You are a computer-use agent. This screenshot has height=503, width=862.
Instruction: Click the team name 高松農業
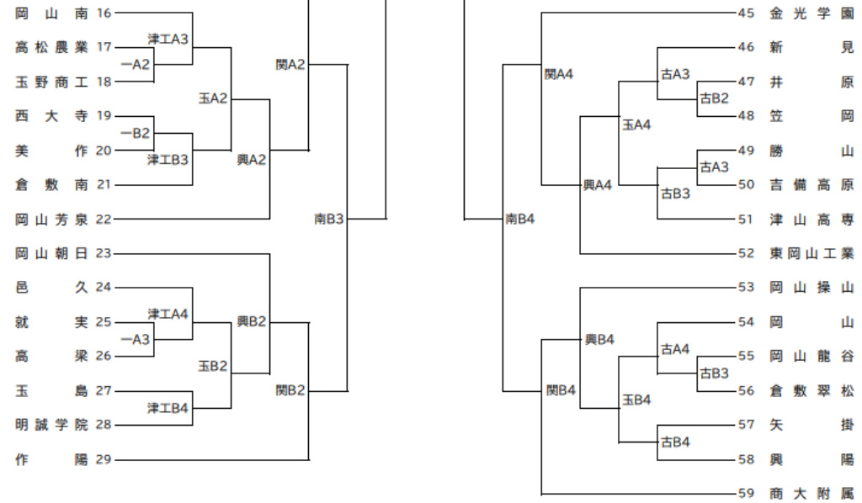pyautogui.click(x=51, y=47)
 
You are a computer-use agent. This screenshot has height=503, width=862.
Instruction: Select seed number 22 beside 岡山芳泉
pyautogui.click(x=104, y=220)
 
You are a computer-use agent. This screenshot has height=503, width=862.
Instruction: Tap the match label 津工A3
pyautogui.click(x=168, y=40)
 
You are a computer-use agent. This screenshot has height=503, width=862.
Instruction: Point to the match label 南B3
pyautogui.click(x=329, y=219)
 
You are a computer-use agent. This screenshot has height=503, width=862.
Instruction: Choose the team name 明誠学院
pyautogui.click(x=51, y=425)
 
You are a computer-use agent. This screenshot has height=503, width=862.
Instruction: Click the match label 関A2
pyautogui.click(x=290, y=65)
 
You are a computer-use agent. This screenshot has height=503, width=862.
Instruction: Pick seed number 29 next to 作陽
pyautogui.click(x=104, y=459)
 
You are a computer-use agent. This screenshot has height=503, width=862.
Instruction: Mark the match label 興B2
pyautogui.click(x=252, y=321)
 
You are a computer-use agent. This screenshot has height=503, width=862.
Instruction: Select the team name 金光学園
pyautogui.click(x=811, y=13)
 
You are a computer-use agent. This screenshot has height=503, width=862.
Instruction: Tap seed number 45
pyautogui.click(x=746, y=13)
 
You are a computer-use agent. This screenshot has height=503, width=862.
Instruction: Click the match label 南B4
pyautogui.click(x=520, y=219)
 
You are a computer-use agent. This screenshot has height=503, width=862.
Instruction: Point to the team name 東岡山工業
pyautogui.click(x=811, y=253)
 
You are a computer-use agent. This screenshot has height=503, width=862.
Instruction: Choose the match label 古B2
pyautogui.click(x=715, y=98)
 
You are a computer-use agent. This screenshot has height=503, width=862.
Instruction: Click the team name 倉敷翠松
pyautogui.click(x=811, y=390)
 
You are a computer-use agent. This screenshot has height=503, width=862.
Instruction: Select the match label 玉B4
pyautogui.click(x=636, y=400)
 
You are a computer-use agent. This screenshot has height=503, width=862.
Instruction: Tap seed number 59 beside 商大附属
pyautogui.click(x=746, y=494)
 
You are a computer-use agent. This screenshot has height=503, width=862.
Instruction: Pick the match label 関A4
pyautogui.click(x=559, y=74)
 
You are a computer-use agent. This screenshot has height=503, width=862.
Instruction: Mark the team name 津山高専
pyautogui.click(x=811, y=220)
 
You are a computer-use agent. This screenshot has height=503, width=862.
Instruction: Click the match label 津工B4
pyautogui.click(x=168, y=408)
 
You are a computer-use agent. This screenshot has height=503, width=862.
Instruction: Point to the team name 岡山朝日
pyautogui.click(x=51, y=253)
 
